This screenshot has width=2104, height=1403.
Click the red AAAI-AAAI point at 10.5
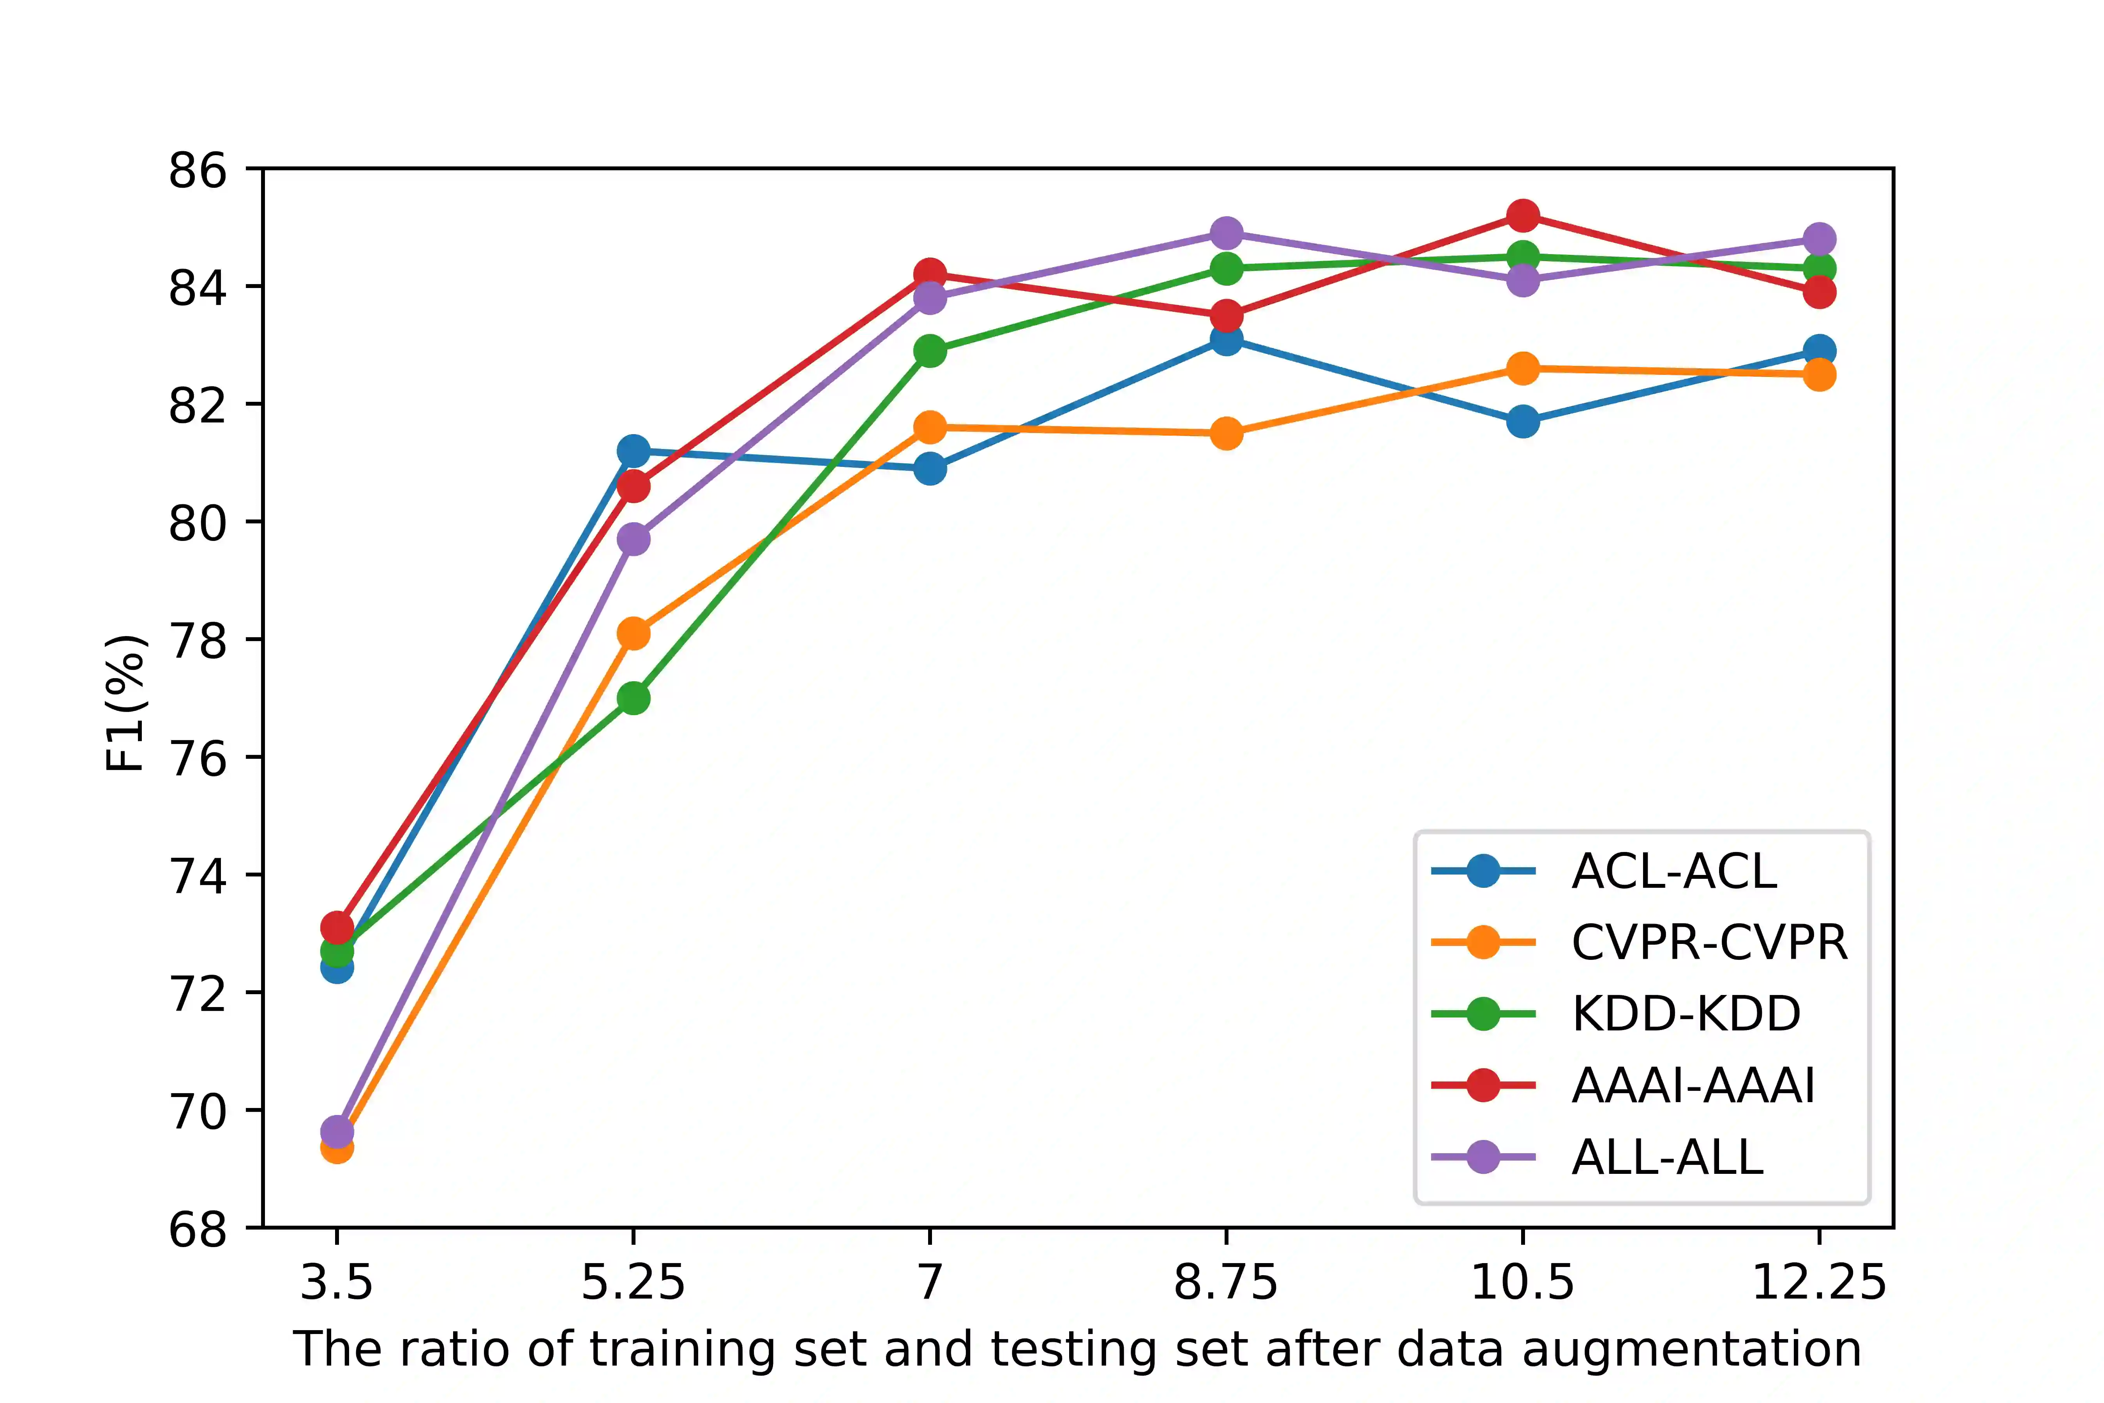point(1523,216)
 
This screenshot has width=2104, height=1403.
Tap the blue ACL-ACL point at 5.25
point(634,451)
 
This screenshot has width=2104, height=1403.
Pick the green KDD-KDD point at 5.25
point(634,698)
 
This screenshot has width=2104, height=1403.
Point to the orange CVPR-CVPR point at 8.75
point(1227,434)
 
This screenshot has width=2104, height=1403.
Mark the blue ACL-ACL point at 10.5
point(1523,421)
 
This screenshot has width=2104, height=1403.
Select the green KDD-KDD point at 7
point(930,351)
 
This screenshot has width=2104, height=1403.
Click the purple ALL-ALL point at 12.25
point(1819,239)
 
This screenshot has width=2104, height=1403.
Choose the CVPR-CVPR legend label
point(1709,942)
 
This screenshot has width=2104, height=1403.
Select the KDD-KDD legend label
point(1686,1014)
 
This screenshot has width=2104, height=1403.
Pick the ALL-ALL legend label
point(1666,1157)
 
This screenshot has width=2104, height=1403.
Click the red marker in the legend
point(1483,1085)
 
